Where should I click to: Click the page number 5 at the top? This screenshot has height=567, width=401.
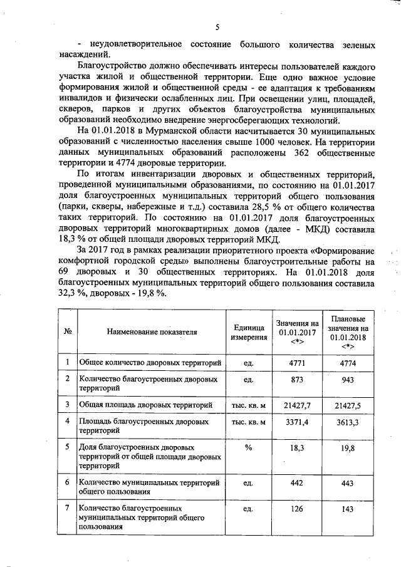click(217, 27)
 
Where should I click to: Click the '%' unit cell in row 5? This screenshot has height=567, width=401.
click(248, 448)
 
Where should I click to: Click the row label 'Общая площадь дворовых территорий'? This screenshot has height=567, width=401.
click(145, 405)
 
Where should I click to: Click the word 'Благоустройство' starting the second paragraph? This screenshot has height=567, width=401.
click(108, 66)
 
